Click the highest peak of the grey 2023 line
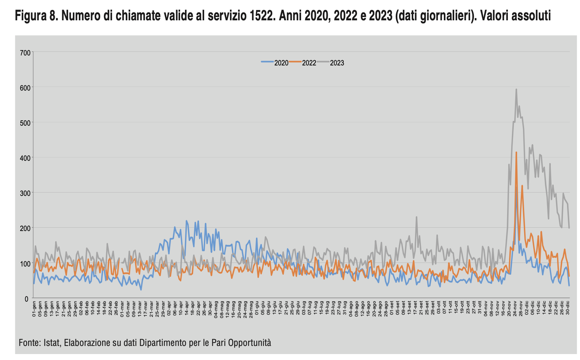516,89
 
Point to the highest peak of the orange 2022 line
516,152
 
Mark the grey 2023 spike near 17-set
417,217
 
